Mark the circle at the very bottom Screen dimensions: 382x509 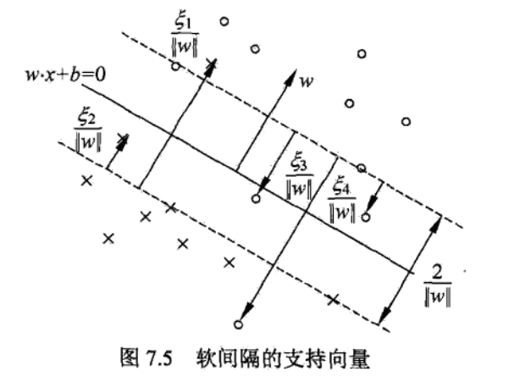238,324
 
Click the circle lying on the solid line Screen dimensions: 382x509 256,199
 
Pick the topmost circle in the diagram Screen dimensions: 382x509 224,21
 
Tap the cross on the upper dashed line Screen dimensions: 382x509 212,63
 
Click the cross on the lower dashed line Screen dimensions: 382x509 333,298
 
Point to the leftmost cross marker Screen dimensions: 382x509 85,180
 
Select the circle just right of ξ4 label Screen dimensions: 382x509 366,218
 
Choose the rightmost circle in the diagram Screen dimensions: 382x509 407,122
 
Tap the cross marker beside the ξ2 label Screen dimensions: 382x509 124,138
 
